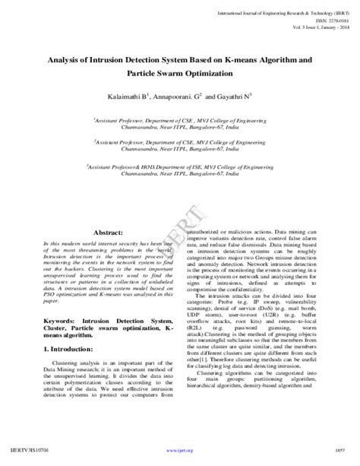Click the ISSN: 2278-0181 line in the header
point(321,20)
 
